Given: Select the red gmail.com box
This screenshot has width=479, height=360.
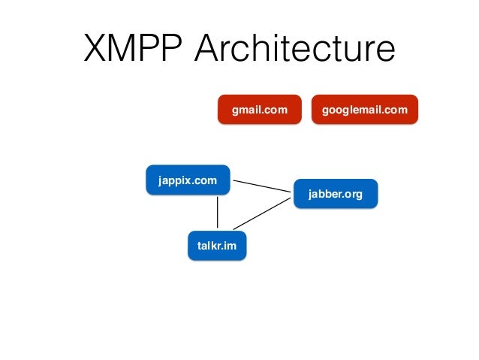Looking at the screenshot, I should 259,110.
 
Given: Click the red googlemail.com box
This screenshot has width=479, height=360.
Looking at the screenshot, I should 364,110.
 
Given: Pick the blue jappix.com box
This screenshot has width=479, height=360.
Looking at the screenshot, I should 188,180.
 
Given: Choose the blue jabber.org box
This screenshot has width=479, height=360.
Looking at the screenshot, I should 335,194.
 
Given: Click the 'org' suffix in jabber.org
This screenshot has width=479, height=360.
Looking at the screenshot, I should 354,195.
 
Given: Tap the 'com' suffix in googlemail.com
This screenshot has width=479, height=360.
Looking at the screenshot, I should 397,110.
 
